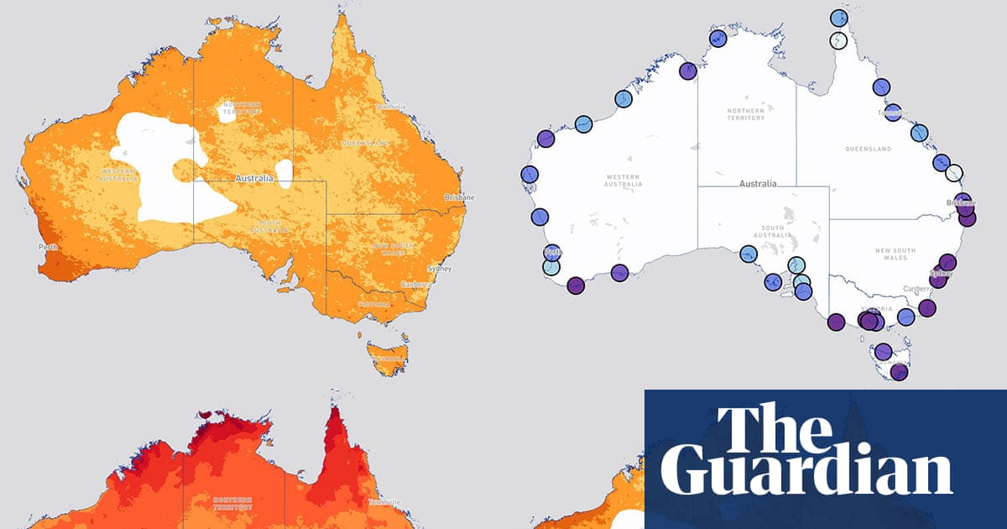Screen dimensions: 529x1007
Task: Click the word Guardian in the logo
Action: coord(812,475)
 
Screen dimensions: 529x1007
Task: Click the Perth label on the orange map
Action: coord(47,248)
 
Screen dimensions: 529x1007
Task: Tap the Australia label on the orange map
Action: coord(255,179)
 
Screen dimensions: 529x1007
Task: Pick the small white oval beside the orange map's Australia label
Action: coord(284,172)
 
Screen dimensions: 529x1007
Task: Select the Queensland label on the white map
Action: coord(869,149)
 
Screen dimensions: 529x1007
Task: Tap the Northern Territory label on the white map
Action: coord(746,114)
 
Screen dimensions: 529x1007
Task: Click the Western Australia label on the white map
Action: coord(624,180)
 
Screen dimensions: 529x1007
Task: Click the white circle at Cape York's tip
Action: coord(839,39)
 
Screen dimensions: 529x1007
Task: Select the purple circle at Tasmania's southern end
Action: coord(899,371)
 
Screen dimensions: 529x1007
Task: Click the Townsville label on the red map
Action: coord(389,502)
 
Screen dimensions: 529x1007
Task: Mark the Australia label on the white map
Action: coord(758,183)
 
